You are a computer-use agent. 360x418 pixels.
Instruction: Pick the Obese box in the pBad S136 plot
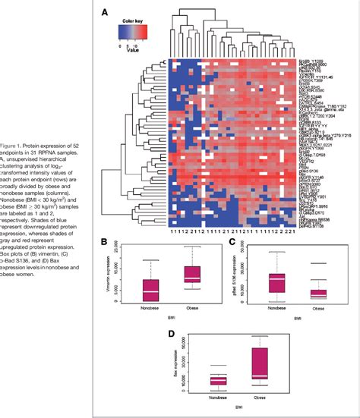(319, 293)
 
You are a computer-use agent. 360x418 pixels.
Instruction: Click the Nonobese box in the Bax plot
(219, 380)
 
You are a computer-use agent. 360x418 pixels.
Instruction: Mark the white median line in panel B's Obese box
(194, 278)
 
